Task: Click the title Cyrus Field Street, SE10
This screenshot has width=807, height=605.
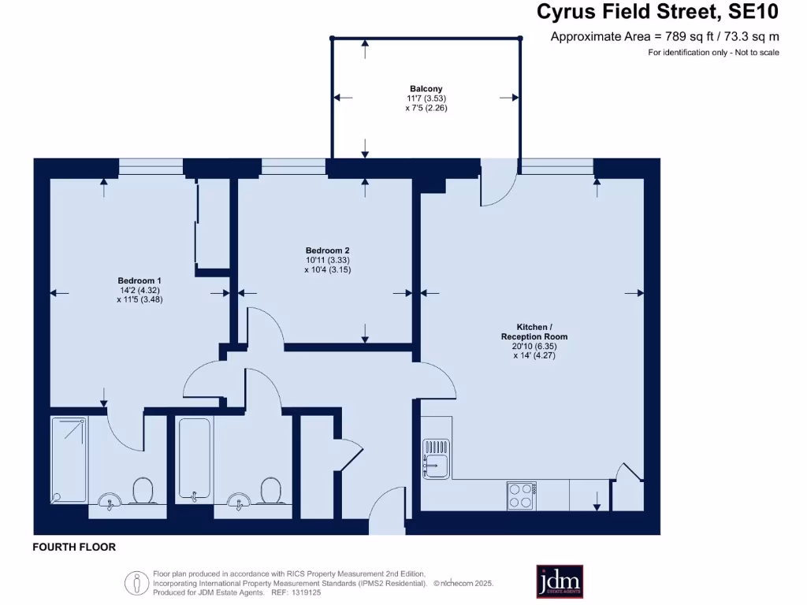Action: click(657, 13)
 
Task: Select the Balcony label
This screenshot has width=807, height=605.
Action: click(426, 89)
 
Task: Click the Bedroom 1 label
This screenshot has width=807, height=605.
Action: click(139, 280)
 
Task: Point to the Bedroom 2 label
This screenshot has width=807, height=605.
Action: click(327, 251)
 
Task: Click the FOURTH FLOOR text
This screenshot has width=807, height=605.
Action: click(74, 547)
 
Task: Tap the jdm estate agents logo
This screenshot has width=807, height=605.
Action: click(560, 581)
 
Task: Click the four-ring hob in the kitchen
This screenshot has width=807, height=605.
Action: click(521, 495)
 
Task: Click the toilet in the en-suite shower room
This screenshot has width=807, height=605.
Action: click(143, 492)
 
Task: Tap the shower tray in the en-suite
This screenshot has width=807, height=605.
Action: click(69, 460)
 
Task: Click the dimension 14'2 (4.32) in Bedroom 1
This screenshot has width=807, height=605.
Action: click(139, 290)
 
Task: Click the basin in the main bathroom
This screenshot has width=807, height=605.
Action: click(236, 499)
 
